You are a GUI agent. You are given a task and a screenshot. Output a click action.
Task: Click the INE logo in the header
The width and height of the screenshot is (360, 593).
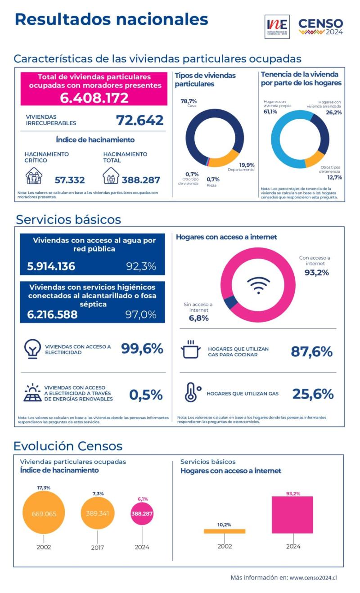(278, 27)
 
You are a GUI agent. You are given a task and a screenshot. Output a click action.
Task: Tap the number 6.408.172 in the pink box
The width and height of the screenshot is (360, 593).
(94, 98)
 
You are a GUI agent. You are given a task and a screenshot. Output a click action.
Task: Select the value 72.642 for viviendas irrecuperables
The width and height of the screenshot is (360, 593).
(140, 120)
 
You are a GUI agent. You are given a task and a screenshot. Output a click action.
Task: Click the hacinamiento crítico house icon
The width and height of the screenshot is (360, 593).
(34, 176)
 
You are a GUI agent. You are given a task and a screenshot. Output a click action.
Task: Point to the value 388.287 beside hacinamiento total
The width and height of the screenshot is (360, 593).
(141, 180)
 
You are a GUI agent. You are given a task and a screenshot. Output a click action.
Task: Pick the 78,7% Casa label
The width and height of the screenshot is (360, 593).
(189, 102)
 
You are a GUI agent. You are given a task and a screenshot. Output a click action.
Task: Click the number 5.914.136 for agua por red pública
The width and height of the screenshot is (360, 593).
(51, 266)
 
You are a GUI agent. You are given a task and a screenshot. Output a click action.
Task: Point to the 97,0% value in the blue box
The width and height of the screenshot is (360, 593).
(141, 314)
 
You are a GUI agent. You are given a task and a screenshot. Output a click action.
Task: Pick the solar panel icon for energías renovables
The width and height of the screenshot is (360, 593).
(32, 393)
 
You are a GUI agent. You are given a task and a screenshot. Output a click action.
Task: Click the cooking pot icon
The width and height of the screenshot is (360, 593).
(190, 350)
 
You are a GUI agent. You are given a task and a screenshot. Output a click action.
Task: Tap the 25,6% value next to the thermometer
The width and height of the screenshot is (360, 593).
(313, 394)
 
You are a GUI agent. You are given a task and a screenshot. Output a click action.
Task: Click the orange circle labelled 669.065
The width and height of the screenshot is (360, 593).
(44, 513)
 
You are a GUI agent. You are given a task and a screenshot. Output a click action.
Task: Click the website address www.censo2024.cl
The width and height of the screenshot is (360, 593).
(313, 577)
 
